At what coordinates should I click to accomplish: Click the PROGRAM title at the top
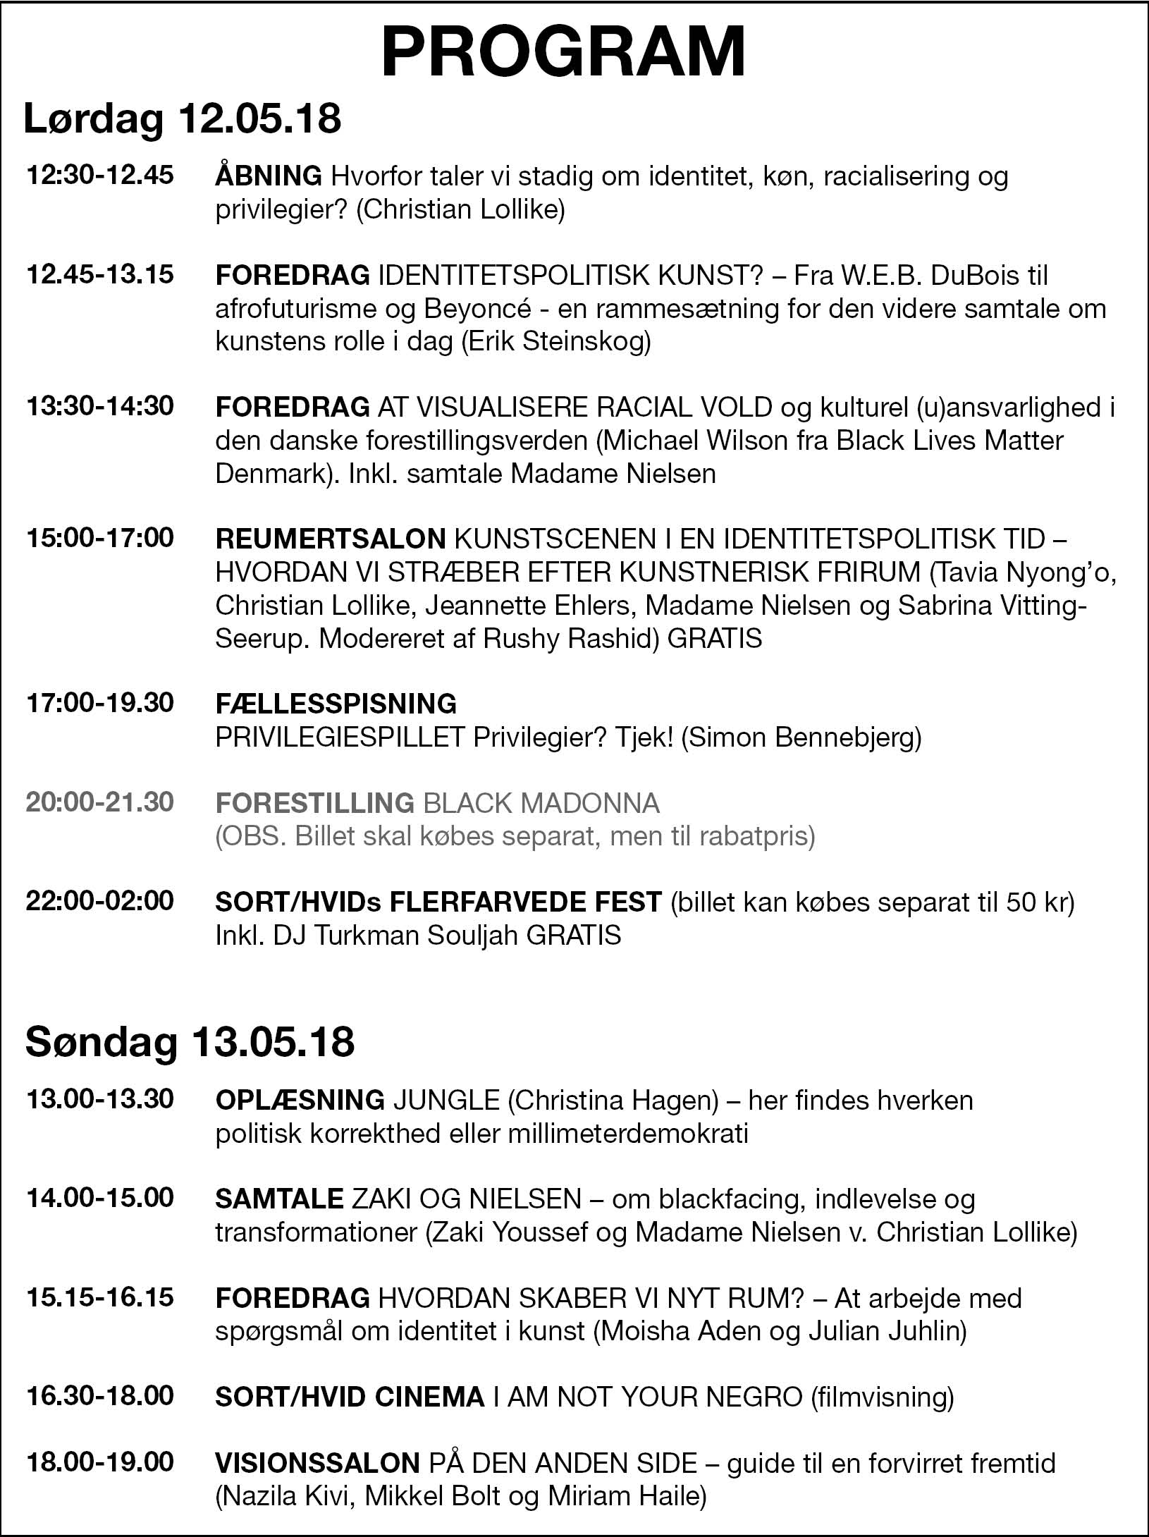coord(563,53)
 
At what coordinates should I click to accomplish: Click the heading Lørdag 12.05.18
coord(183,118)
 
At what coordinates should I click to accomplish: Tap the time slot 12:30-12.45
coord(99,175)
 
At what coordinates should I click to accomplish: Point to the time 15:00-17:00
coord(99,538)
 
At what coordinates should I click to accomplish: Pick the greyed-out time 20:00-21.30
coord(99,802)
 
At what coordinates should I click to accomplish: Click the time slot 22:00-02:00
coord(99,901)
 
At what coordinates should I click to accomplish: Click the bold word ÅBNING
coord(269,175)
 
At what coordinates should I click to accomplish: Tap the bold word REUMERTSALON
coord(330,539)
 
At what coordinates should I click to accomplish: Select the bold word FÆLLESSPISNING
coord(336,703)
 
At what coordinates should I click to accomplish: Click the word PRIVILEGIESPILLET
coord(340,737)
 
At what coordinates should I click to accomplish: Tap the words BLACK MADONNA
coord(541,802)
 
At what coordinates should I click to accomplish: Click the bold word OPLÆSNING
coord(300,1100)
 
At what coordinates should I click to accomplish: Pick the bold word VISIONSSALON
coord(317,1463)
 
